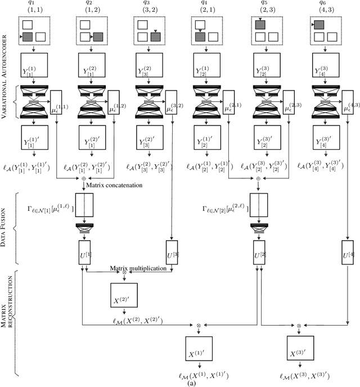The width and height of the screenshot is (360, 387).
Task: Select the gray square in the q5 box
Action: point(260,25)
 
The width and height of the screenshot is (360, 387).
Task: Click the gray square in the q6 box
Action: point(319,25)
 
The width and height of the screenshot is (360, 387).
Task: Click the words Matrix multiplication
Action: point(138,269)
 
